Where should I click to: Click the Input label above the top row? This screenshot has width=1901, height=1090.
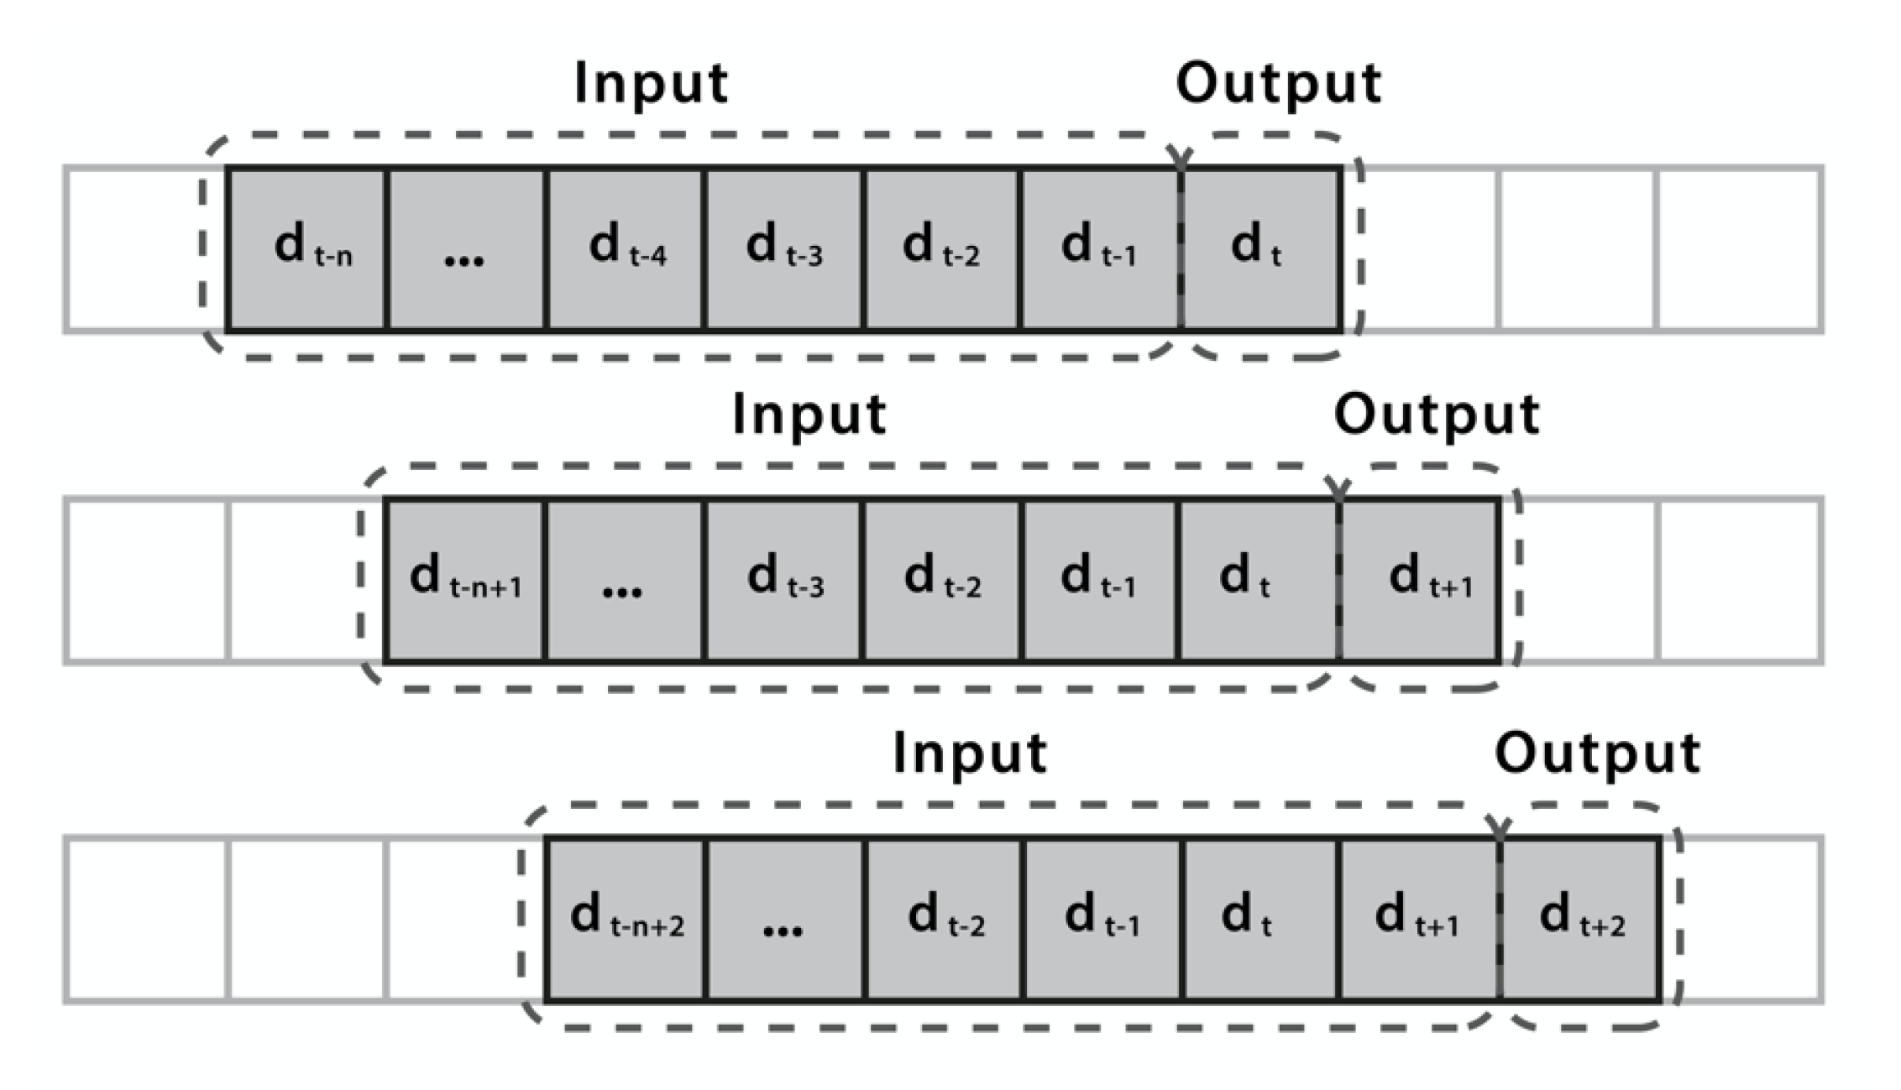point(651,83)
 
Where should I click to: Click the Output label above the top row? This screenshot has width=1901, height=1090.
point(1278,83)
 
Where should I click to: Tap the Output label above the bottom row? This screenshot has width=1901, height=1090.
point(1597,753)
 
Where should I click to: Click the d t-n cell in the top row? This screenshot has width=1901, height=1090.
point(306,249)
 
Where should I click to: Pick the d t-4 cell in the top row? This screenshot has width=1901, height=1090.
point(625,249)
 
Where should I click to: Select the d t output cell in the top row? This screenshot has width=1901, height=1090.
point(1259,249)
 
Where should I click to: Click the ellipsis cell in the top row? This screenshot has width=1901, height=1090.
point(465,249)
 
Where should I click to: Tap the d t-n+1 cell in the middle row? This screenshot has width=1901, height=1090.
point(465,581)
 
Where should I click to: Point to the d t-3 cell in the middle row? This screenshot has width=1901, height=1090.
point(784,581)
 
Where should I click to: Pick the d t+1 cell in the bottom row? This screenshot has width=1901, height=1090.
point(1419,919)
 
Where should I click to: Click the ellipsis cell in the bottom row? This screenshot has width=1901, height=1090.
point(784,919)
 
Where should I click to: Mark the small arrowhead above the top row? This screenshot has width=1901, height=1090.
point(1181,158)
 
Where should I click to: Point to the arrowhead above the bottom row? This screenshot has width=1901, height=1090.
point(1499,827)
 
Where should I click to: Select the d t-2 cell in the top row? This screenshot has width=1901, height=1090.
point(941,249)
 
